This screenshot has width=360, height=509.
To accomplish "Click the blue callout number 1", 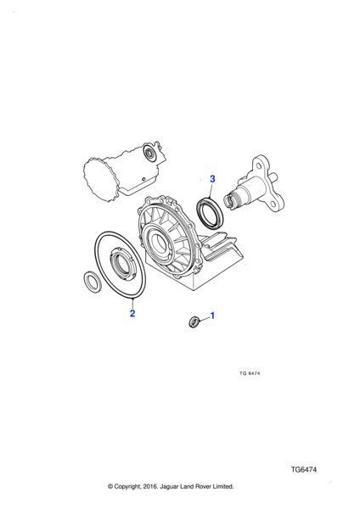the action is tap(212, 316).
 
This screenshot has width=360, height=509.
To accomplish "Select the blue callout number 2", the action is tap(132, 314).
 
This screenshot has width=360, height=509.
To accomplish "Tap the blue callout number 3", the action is tap(212, 179).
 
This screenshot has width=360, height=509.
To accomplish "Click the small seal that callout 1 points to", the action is tap(194, 322).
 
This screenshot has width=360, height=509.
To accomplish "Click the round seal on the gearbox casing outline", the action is tap(149, 153).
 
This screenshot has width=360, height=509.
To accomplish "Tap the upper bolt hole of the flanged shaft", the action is tap(259, 166).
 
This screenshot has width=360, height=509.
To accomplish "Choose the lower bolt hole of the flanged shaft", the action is tap(273, 204).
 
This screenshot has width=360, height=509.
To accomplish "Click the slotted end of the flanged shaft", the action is tap(230, 200).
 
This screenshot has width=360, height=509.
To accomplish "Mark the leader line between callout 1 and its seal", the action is tap(204, 320).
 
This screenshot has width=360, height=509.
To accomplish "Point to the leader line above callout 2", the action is tap(132, 304).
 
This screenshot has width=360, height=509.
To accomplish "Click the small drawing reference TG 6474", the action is tap(250, 373).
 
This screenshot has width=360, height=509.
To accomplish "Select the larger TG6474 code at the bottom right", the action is tap(303, 469).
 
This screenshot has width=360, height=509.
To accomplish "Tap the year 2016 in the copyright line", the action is tap(149, 486).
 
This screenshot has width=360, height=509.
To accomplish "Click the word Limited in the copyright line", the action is tap(223, 486).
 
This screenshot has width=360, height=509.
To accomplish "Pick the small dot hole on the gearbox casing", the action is tap(143, 178).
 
